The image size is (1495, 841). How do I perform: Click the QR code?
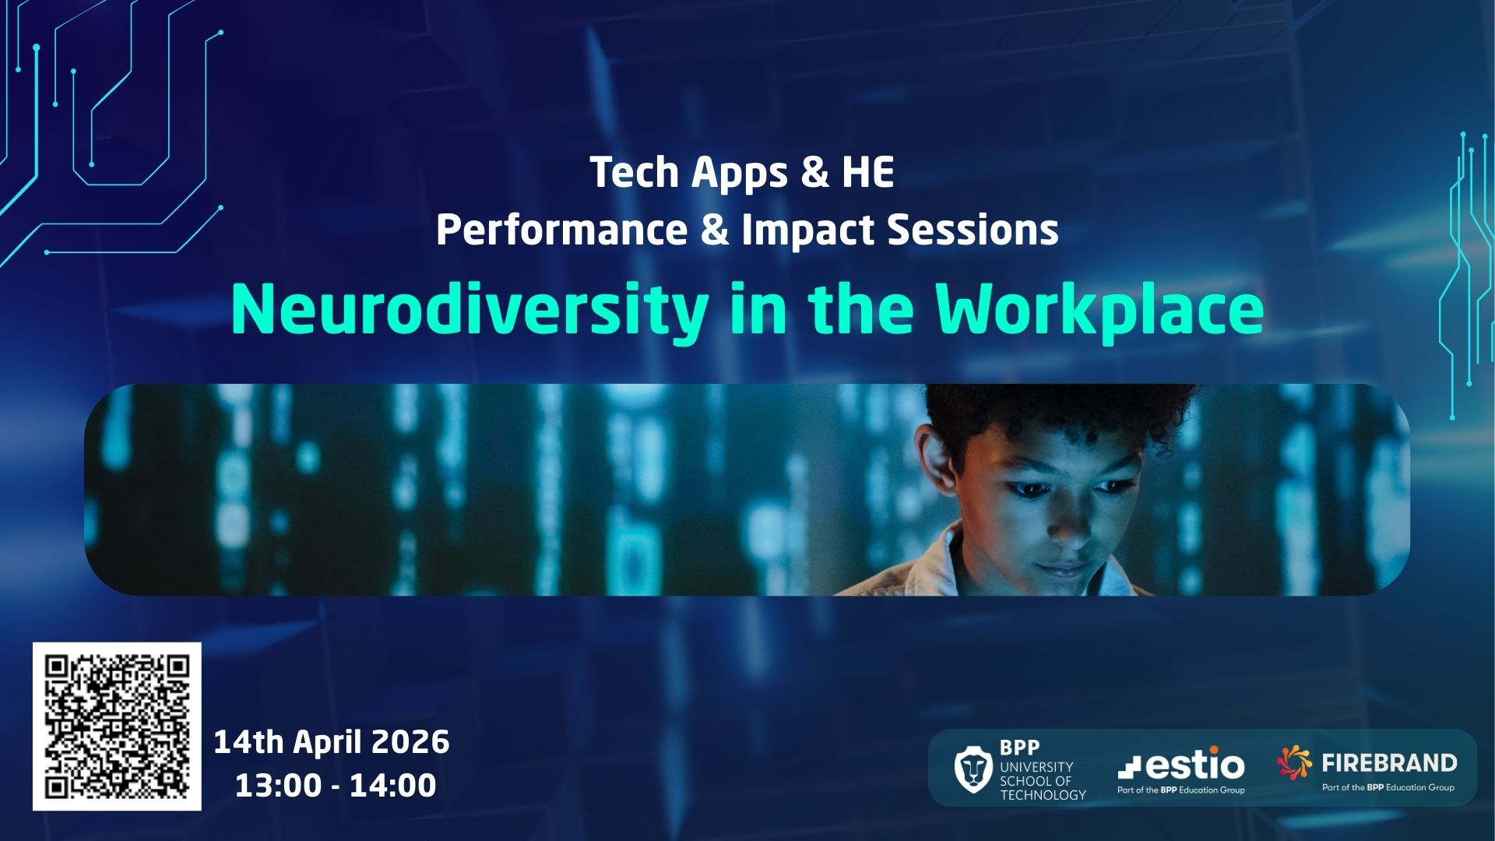click(x=117, y=727)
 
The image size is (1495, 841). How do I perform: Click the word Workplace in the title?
click(x=1099, y=310)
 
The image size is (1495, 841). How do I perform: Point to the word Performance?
click(x=562, y=230)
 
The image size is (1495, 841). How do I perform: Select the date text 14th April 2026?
click(x=332, y=742)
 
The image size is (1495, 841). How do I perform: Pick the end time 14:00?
click(x=392, y=785)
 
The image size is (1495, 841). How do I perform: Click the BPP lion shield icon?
click(x=973, y=769)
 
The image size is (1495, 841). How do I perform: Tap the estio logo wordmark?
click(x=1181, y=764)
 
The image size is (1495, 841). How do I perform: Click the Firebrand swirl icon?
click(x=1295, y=762)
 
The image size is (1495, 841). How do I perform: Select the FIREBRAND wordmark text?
click(x=1390, y=762)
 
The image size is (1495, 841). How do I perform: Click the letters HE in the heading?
click(x=867, y=172)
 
